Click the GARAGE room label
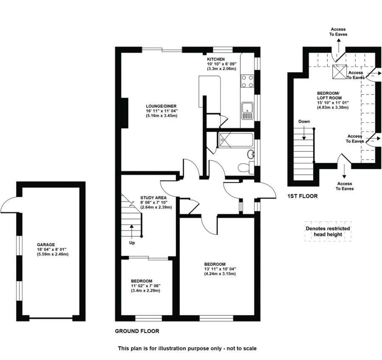tap(46, 245)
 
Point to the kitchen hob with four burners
tap(247, 81)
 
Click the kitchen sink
tap(247, 111)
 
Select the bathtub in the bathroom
tap(235, 140)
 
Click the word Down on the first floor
tap(304, 122)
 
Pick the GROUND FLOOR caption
tap(137, 331)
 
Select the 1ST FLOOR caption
tap(302, 196)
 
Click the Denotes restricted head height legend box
tap(328, 231)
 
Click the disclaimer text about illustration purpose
tap(187, 349)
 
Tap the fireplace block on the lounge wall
tap(126, 112)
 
